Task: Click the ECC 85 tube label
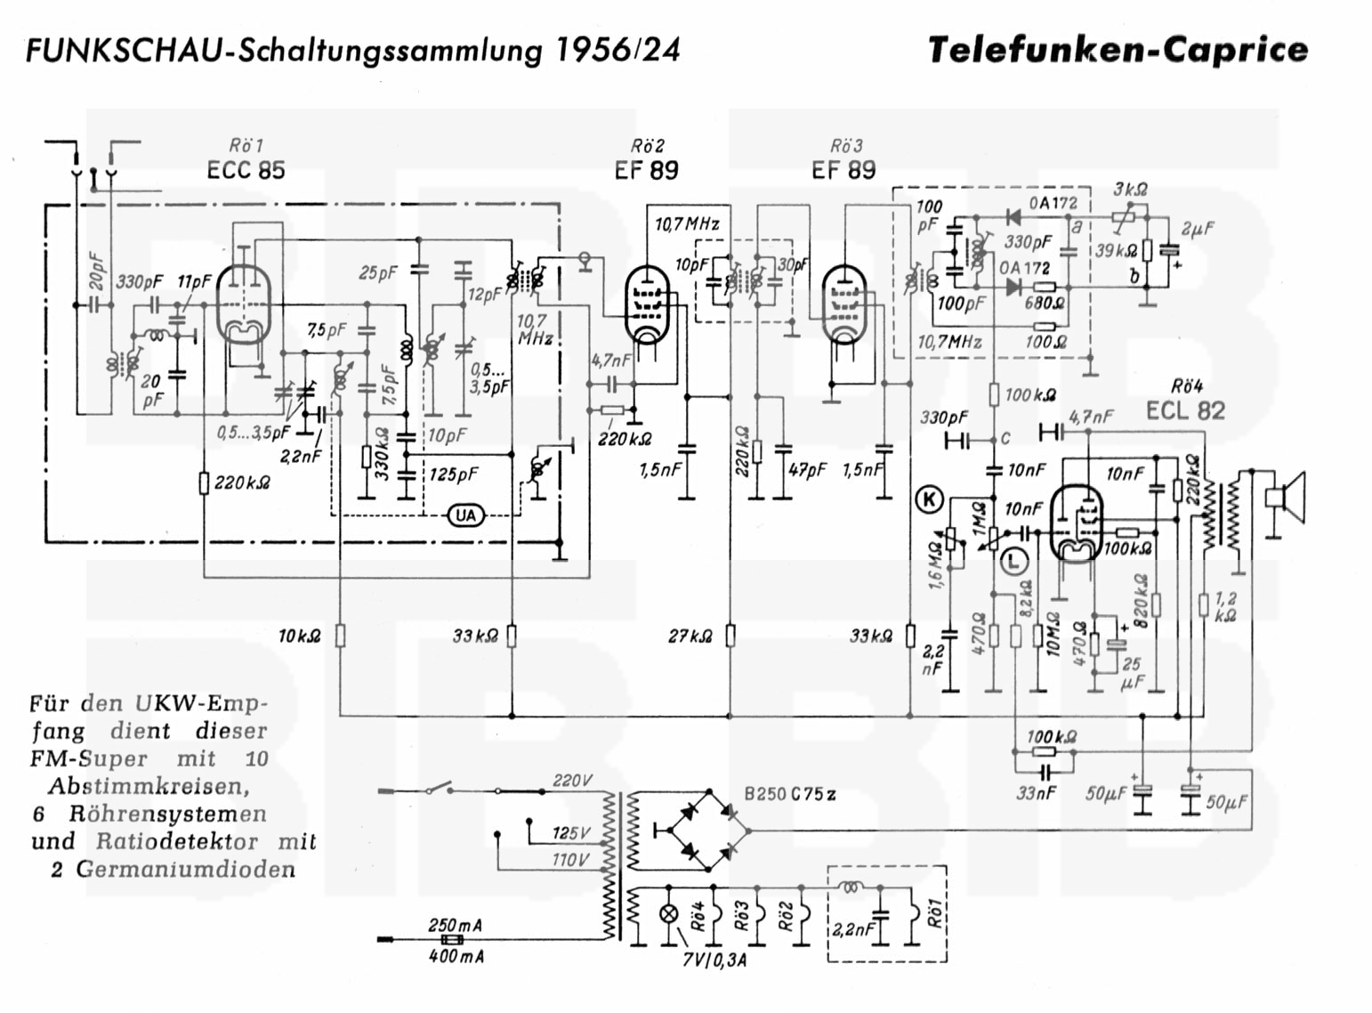tap(246, 170)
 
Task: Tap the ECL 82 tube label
tap(1185, 410)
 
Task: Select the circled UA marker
tap(465, 515)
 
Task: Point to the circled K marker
tap(929, 500)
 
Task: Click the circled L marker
tap(1013, 560)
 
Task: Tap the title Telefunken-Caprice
tap(1118, 50)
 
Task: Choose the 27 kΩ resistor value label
tap(691, 636)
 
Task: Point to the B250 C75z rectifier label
tap(789, 795)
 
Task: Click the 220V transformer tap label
tap(572, 781)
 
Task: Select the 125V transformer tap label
tap(571, 833)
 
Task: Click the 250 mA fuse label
tap(455, 925)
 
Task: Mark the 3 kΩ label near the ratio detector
tap(1130, 189)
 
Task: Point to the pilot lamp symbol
tap(668, 914)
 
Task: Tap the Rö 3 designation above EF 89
tap(845, 146)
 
